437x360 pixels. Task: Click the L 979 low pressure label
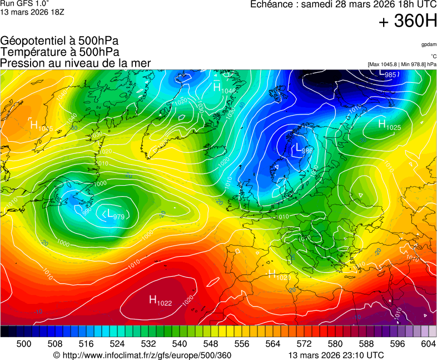(x=116, y=214)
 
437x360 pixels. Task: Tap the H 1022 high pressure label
(x=160, y=301)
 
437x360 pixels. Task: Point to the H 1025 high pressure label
(x=389, y=125)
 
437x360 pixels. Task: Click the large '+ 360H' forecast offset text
(x=408, y=21)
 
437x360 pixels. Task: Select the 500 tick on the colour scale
(x=24, y=344)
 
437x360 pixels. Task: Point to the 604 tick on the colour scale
(x=428, y=344)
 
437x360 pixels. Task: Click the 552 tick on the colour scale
(x=226, y=344)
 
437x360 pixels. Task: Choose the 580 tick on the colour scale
(x=335, y=344)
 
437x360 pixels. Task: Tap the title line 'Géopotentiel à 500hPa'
(x=59, y=41)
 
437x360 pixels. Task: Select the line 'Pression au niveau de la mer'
(x=76, y=63)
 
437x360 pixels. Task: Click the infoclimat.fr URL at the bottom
(x=142, y=355)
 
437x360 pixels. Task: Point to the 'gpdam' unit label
(x=429, y=44)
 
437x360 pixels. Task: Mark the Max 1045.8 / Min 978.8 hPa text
(x=402, y=64)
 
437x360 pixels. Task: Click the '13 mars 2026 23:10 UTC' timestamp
(x=336, y=355)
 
